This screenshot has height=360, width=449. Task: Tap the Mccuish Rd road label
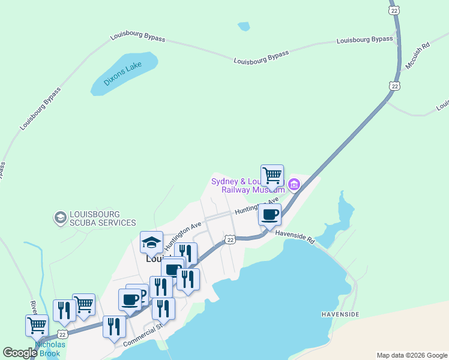(x=418, y=55)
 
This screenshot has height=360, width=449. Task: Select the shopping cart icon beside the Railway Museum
(x=272, y=176)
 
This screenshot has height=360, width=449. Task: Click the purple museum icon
(x=294, y=184)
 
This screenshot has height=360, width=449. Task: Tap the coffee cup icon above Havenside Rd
(x=270, y=214)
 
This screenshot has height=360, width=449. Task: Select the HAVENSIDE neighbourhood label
(x=340, y=314)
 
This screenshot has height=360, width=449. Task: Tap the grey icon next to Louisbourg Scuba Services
(x=59, y=218)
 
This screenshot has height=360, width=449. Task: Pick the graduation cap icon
(x=151, y=242)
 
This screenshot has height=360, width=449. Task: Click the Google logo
(x=20, y=353)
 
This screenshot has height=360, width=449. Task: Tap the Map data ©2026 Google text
(x=411, y=355)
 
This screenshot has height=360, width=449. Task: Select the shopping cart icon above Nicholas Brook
(x=37, y=325)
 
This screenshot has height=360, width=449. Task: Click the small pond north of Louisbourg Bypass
(x=244, y=26)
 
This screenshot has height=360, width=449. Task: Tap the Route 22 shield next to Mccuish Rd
(x=394, y=86)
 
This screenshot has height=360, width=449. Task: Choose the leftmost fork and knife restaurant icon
(x=64, y=310)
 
